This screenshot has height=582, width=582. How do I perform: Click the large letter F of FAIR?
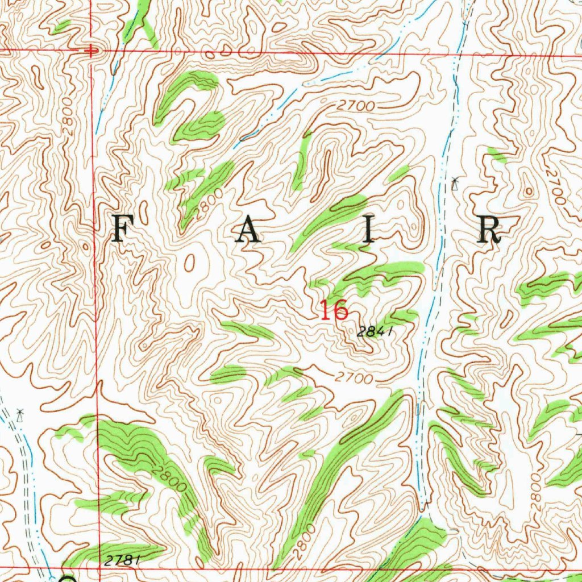(x=120, y=230)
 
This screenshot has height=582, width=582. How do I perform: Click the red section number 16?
(x=333, y=311)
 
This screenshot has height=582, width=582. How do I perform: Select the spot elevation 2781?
(x=122, y=560)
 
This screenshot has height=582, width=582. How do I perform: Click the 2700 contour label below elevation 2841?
(x=354, y=377)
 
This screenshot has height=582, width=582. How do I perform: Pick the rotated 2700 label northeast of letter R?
(x=554, y=185)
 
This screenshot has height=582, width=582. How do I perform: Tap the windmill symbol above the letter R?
(x=454, y=184)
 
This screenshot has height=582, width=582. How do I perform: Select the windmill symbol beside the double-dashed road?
(x=20, y=414)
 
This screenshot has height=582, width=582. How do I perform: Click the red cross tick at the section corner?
(x=90, y=51)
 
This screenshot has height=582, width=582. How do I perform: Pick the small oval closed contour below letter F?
(x=189, y=262)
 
